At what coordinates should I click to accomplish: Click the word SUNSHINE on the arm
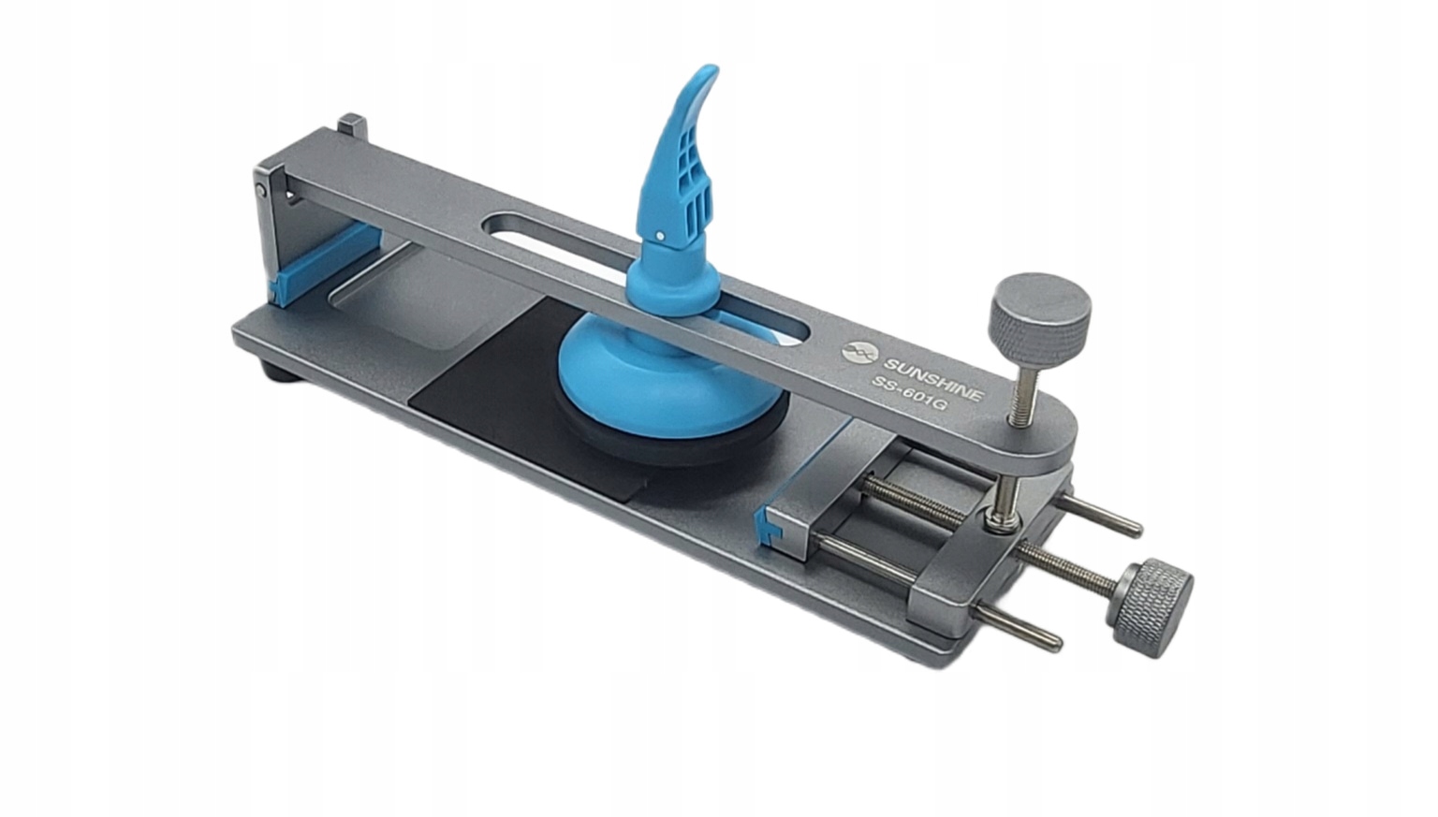point(932,380)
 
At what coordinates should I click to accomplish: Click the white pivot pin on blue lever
point(661,236)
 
